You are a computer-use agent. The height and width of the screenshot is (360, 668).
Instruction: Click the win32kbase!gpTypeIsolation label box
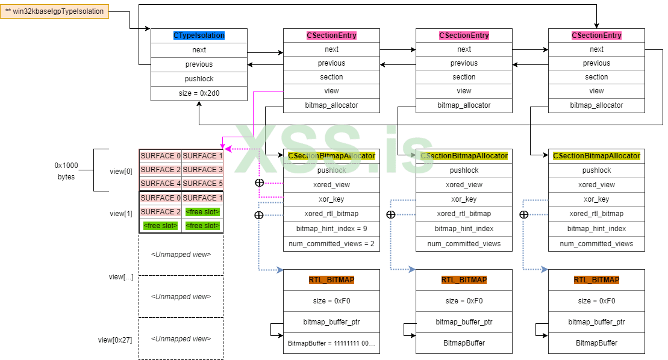(x=55, y=11)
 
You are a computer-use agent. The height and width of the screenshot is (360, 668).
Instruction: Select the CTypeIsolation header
(x=199, y=36)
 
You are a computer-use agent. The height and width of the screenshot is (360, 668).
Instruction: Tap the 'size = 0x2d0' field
(x=199, y=93)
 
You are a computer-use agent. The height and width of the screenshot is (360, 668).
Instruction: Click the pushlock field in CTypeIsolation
(x=199, y=79)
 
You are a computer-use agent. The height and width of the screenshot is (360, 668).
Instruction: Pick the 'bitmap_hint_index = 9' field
(x=331, y=229)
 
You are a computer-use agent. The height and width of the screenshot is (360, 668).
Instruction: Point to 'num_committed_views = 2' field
(x=331, y=244)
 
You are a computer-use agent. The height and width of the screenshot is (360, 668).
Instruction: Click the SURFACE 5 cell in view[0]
(x=202, y=184)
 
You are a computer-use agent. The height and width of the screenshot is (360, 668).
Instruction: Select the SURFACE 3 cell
(x=202, y=170)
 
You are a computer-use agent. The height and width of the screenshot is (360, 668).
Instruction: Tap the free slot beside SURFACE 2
(x=202, y=212)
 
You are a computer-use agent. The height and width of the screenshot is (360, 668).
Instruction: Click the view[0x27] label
(x=114, y=340)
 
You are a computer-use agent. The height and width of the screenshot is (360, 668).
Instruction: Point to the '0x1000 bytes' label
(x=66, y=171)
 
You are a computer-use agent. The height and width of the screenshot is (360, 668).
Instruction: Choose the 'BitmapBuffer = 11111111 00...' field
(x=331, y=343)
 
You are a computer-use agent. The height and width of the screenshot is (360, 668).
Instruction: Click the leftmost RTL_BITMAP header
(x=331, y=280)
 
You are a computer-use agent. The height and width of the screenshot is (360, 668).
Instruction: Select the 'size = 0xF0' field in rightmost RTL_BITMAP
(x=596, y=301)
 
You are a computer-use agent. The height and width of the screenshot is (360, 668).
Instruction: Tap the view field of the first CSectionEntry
(x=331, y=91)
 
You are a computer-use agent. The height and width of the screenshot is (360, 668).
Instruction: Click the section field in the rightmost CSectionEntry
(x=596, y=77)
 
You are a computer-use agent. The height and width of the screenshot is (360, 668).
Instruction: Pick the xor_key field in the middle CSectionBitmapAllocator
(x=464, y=199)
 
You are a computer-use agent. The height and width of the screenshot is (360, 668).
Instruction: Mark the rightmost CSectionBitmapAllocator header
(x=596, y=156)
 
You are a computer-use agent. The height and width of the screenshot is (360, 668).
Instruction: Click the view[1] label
(x=120, y=214)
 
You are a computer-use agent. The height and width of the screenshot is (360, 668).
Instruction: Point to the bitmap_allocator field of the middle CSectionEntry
(x=464, y=105)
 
